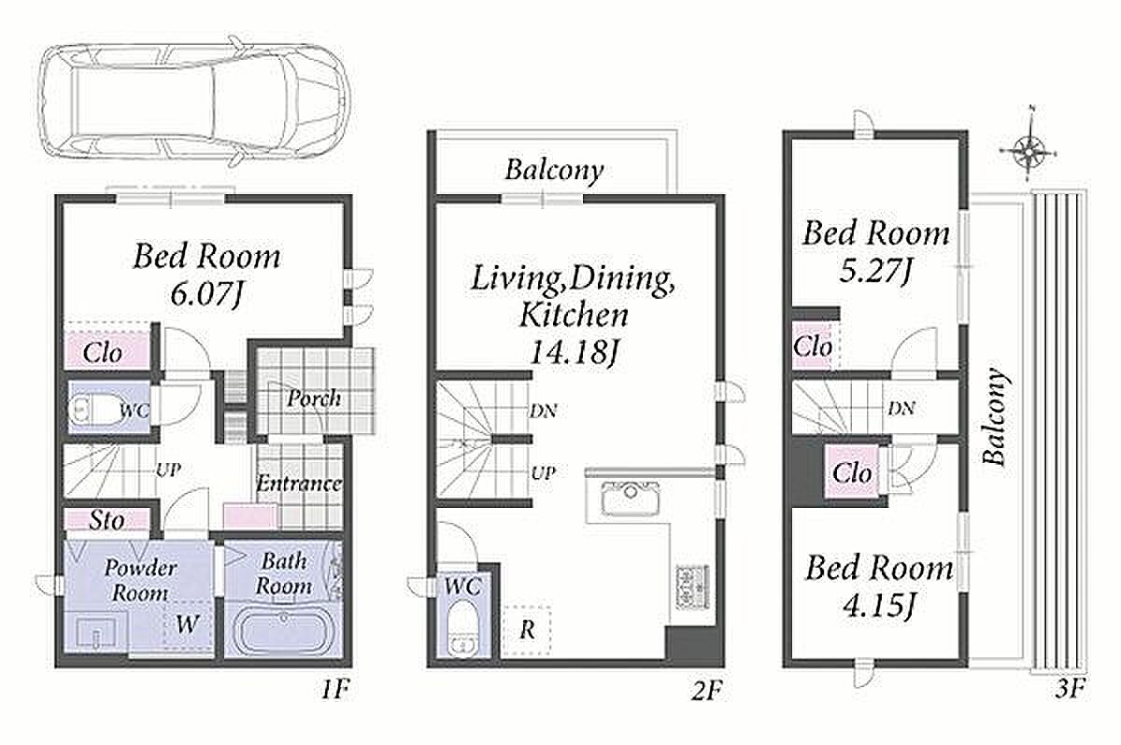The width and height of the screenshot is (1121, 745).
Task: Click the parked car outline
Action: coord(195,100)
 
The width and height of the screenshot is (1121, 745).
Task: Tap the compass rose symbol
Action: coord(1029,149)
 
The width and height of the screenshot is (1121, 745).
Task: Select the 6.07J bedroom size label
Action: coord(206,294)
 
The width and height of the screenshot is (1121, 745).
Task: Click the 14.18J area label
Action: coord(573,352)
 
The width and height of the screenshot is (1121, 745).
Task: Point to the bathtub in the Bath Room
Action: coord(283,631)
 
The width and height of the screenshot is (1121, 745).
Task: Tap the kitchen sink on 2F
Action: coord(631,498)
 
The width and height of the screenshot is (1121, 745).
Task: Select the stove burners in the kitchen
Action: coord(692,586)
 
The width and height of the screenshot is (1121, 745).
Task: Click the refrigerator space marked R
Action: coord(527,630)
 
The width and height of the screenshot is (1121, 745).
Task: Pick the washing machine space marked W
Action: coord(188,624)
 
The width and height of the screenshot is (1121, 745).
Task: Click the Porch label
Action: coord(314,399)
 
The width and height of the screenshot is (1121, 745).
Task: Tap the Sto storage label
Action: coord(106,521)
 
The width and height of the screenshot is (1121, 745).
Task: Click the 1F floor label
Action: coord(334,691)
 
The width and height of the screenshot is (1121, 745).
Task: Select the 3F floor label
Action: coord(1070,690)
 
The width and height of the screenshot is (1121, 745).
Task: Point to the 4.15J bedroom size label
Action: coord(879,607)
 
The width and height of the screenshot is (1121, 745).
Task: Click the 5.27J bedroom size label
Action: coord(874,272)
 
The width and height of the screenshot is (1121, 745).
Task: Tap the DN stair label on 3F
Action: coord(901,409)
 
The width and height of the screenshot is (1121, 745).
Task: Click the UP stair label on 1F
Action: coord(168,470)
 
